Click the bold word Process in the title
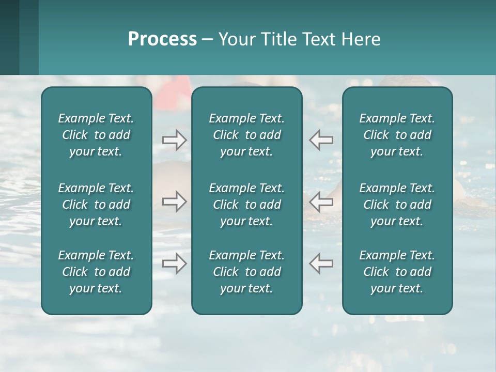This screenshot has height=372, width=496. (x=162, y=39)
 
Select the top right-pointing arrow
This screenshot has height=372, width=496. (x=174, y=140)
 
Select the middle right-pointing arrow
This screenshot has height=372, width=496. (x=174, y=202)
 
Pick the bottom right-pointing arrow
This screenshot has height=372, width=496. (x=174, y=263)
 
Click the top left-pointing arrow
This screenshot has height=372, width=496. (x=321, y=140)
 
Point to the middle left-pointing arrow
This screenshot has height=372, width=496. (x=321, y=202)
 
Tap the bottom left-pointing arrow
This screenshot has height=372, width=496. (x=321, y=263)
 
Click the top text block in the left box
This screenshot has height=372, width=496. (x=96, y=135)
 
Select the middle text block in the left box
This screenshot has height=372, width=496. (x=96, y=205)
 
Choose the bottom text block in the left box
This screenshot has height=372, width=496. (x=96, y=272)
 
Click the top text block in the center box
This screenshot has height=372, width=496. (x=246, y=135)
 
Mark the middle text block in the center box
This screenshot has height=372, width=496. (x=246, y=205)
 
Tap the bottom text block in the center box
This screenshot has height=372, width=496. (x=246, y=272)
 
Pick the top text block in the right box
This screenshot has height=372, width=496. (x=397, y=135)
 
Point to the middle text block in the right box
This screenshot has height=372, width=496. (x=397, y=205)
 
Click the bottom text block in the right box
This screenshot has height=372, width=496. (x=397, y=272)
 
